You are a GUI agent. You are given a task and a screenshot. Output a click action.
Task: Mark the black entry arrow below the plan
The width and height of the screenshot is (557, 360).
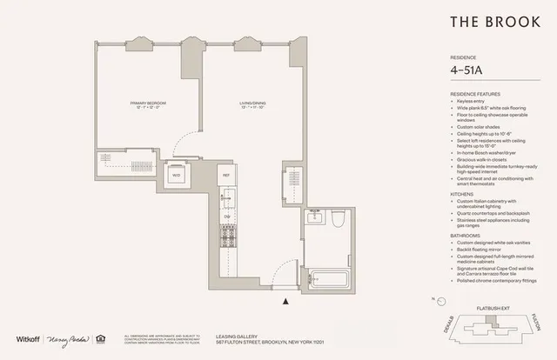pos(286,302)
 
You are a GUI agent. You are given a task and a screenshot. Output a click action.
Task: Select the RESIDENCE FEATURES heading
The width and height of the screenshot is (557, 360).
pos(474,92)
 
